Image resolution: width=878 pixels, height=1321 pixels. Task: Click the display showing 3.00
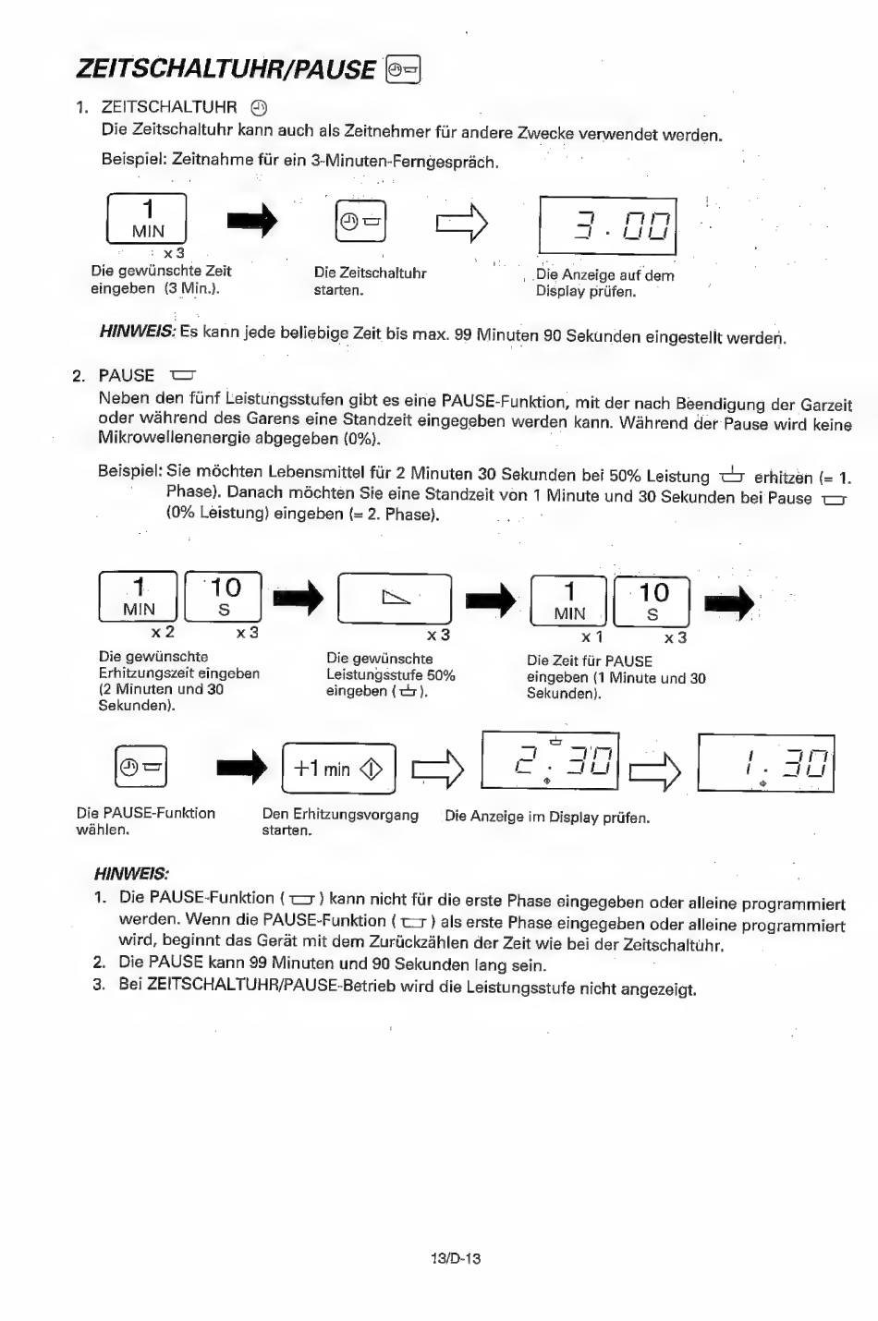[608, 226]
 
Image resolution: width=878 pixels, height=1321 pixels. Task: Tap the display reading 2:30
[550, 760]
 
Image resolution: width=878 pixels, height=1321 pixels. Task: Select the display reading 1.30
[766, 762]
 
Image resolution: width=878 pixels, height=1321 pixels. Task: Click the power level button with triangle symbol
[395, 599]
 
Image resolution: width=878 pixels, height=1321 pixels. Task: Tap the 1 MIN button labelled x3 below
[146, 218]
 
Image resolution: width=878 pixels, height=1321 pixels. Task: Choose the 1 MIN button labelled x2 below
[138, 596]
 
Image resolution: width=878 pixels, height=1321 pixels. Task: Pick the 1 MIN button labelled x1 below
[568, 600]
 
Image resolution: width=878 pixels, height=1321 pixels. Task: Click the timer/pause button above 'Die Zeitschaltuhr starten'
[360, 221]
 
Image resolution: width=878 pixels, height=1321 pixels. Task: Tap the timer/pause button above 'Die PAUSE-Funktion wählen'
[140, 766]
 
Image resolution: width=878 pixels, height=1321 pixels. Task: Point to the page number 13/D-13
[456, 1258]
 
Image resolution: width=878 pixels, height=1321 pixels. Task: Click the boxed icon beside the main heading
[403, 70]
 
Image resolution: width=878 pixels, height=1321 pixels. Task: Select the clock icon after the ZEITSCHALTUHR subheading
[259, 108]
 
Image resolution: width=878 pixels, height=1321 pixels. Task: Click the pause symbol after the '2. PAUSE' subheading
[182, 375]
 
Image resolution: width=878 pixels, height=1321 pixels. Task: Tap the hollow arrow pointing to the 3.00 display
[462, 224]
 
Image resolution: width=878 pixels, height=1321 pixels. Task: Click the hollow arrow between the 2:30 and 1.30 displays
[655, 770]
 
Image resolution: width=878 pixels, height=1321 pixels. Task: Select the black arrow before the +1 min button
[242, 768]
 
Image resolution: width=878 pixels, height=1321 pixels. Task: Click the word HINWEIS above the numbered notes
[131, 873]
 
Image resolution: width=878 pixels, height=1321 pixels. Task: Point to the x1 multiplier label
[591, 636]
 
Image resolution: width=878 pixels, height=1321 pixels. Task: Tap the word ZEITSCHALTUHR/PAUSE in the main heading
[226, 69]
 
